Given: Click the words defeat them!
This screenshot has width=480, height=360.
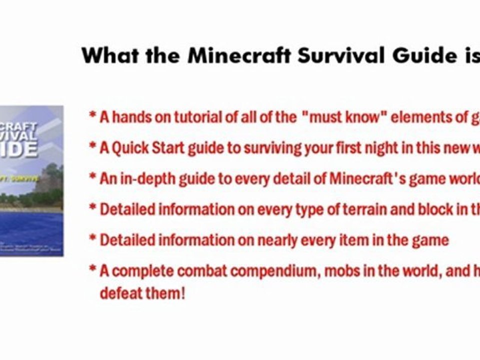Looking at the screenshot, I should click(x=142, y=292).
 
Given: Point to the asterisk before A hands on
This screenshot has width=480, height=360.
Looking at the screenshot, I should click(x=92, y=116).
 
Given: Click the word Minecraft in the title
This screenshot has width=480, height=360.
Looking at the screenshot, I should click(x=239, y=55).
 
